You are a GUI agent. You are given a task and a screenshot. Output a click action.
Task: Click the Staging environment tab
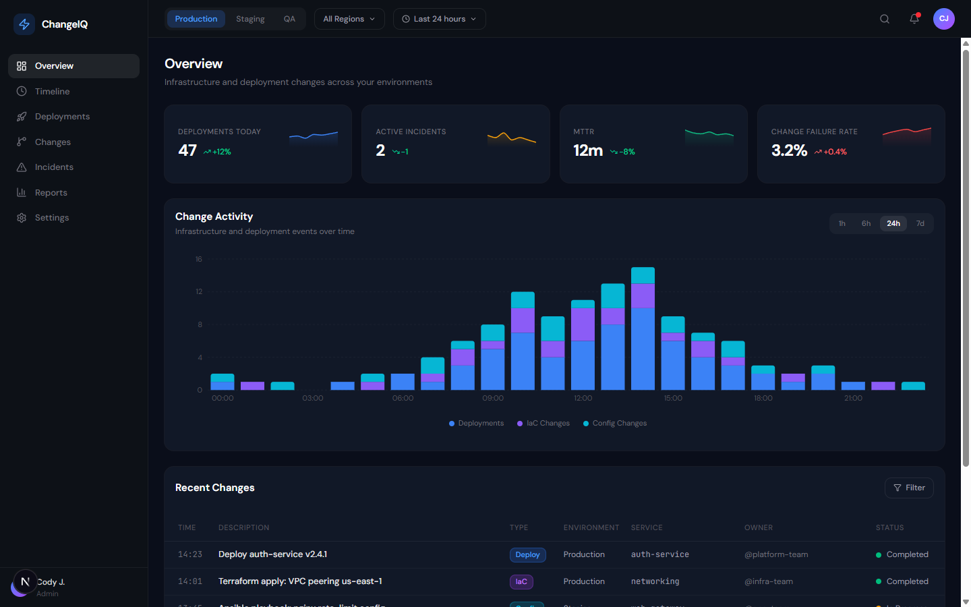click(249, 19)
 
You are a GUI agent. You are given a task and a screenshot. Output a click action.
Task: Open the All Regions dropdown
click(349, 19)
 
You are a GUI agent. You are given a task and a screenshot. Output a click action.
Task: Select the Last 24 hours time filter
click(439, 19)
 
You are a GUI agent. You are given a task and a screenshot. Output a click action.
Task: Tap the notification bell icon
click(914, 19)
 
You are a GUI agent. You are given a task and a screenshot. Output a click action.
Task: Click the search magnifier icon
click(884, 19)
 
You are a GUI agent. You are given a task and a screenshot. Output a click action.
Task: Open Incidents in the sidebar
click(54, 167)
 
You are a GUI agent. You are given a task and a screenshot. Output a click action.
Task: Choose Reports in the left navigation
click(51, 193)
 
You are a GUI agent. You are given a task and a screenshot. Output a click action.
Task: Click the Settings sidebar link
click(52, 218)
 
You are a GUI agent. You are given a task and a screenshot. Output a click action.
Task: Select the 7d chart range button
click(920, 223)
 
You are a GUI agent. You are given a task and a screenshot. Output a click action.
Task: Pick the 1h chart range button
click(842, 223)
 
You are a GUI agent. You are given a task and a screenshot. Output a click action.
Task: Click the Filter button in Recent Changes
click(908, 488)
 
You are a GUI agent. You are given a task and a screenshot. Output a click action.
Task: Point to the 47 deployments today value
click(187, 150)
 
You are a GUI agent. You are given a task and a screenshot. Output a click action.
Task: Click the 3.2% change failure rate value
click(789, 150)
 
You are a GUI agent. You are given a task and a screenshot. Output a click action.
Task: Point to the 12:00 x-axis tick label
click(583, 399)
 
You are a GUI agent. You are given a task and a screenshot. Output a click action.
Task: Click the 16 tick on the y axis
click(198, 260)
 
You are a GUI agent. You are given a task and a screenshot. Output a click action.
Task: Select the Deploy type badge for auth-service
click(527, 554)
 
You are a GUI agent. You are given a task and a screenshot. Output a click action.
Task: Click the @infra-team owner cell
click(768, 581)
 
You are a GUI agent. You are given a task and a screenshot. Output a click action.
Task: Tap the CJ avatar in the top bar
click(943, 19)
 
